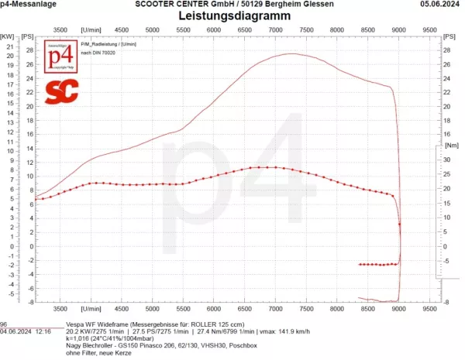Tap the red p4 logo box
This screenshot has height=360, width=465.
pos(61,60)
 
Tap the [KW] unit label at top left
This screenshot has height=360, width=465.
pos(8,36)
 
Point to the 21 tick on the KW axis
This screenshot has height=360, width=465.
pos(10,46)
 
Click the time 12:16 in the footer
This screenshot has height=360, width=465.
pos(43,330)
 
